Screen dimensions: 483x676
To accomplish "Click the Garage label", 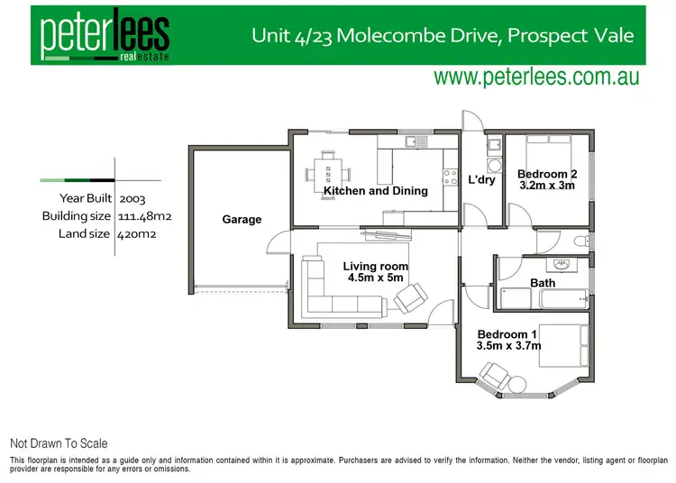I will [242, 220].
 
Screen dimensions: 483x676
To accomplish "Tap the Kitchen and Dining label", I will [375, 191].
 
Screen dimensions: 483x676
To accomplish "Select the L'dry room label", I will [482, 180].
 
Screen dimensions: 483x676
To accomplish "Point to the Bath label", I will [543, 283].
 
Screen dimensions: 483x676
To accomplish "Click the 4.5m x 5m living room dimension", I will [376, 278].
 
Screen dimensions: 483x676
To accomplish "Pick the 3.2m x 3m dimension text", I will [547, 186].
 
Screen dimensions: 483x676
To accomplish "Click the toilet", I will [580, 241].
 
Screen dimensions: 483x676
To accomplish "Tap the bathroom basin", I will [563, 265].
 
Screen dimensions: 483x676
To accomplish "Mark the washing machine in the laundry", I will [494, 166].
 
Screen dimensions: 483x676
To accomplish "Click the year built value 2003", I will [132, 197].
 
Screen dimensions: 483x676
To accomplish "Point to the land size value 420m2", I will [135, 235].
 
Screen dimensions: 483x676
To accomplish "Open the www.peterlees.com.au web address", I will [536, 77].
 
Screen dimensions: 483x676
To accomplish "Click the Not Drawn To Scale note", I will [59, 443].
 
